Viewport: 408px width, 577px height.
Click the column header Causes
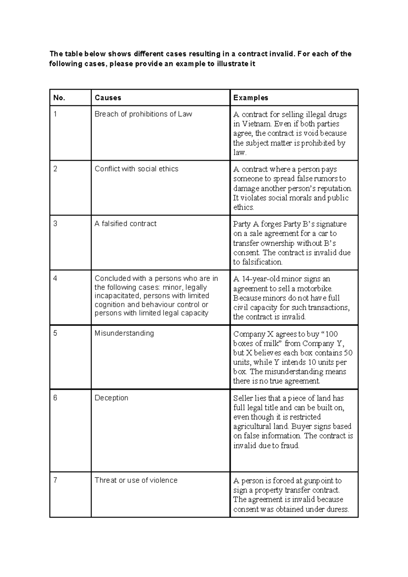click(108, 98)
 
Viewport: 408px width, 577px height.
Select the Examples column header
click(251, 98)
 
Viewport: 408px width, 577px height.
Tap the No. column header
click(59, 98)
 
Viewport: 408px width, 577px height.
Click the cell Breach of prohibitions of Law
click(143, 114)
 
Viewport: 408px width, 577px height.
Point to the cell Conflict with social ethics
click(136, 169)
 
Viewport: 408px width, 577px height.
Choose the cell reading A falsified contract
click(125, 224)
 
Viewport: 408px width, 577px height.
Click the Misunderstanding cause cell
click(124, 333)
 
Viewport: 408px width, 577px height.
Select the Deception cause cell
click(111, 398)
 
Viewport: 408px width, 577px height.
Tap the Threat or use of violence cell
click(136, 480)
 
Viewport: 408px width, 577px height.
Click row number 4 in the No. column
click(55, 279)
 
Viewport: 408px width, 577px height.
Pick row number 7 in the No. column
click(55, 480)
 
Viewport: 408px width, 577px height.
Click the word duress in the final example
click(338, 509)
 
